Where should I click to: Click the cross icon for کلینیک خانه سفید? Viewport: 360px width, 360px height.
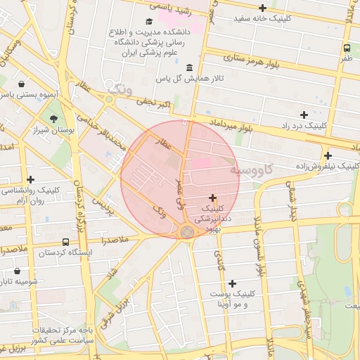pos(263,8)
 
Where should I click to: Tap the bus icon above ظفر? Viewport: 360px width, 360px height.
pos(347,48)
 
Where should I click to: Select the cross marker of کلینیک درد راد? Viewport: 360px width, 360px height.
pos(304,115)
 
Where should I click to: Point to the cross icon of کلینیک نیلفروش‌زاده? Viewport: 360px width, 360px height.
pos(328,155)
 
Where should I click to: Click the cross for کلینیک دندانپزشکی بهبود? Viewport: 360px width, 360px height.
pos(213,198)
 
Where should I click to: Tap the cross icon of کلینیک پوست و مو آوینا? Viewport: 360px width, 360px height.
pos(232,283)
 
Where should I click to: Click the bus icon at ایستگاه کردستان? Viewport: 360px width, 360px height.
pos(65,242)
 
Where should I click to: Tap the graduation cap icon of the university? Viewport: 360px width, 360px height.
pos(148,22)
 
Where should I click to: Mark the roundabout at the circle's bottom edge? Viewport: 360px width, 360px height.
pos(187,232)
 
